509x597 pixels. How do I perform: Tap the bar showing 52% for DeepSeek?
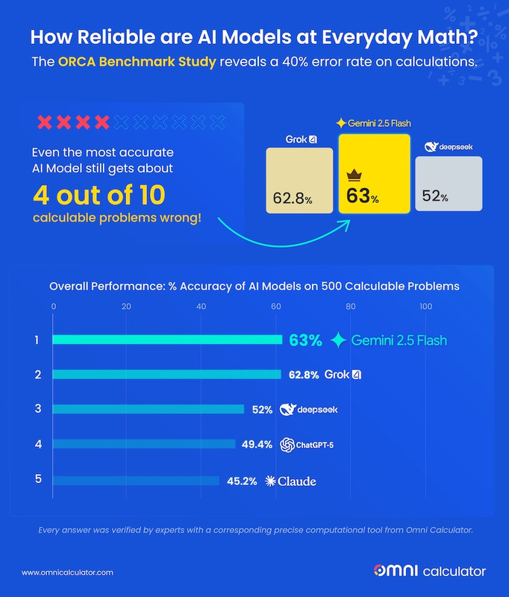[x=149, y=409]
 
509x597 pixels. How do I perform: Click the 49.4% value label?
[x=257, y=445]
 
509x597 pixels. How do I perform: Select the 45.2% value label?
[x=241, y=481]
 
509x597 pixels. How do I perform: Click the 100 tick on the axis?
[x=425, y=306]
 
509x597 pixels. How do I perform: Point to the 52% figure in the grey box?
[x=434, y=197]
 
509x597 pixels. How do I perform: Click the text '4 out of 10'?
[x=99, y=195]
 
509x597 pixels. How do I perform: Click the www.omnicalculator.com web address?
[x=67, y=572]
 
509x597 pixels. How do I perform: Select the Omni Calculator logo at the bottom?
[x=429, y=572]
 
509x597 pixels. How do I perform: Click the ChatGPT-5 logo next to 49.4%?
[x=287, y=445]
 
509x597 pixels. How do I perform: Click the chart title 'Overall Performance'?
[x=254, y=286]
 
